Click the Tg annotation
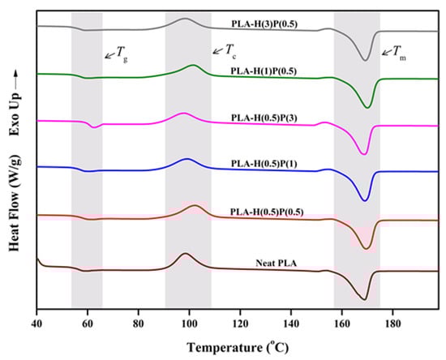pyautogui.click(x=114, y=56)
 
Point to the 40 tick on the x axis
pyautogui.click(x=36, y=314)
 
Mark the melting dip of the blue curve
pyautogui.click(x=364, y=200)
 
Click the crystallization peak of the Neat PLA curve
pyautogui.click(x=185, y=254)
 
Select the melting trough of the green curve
pyautogui.click(x=367, y=107)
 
